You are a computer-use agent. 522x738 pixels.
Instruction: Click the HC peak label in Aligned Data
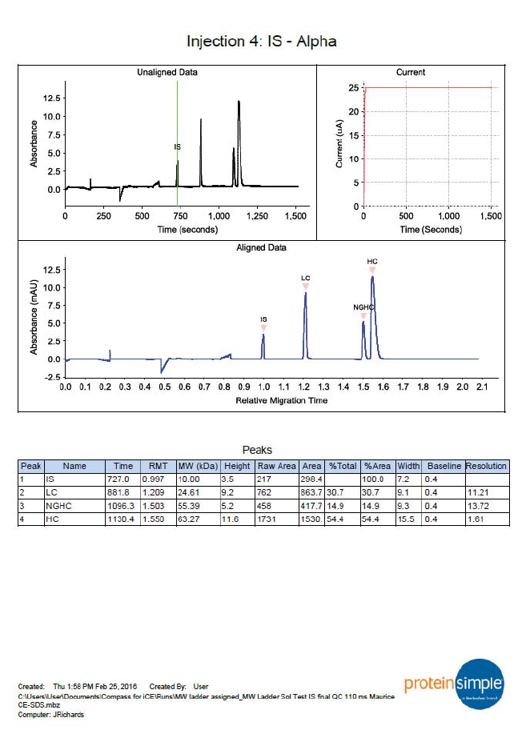372,262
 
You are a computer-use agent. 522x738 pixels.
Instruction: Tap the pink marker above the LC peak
305,286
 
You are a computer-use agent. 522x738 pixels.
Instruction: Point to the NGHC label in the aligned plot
363,307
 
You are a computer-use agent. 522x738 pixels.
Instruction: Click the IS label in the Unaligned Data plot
177,147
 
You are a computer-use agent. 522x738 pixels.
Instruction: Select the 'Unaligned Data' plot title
167,72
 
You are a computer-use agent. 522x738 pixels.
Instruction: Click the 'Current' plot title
411,72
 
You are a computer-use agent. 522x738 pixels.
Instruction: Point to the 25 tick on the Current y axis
354,87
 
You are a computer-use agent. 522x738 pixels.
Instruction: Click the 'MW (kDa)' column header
192,466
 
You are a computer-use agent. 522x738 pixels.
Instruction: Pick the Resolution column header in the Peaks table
486,466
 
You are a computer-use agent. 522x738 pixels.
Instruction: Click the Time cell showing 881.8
123,492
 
